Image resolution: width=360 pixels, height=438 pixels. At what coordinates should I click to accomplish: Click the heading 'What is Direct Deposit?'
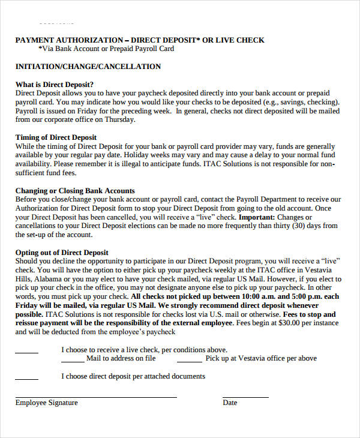(55, 84)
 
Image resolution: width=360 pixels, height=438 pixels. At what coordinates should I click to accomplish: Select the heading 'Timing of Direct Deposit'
(55, 137)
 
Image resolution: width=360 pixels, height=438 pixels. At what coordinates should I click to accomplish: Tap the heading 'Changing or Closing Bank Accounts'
(75, 191)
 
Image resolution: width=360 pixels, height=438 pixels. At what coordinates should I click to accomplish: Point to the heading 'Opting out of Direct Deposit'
(62, 253)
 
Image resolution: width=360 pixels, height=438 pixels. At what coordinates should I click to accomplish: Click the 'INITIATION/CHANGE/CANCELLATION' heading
(88, 67)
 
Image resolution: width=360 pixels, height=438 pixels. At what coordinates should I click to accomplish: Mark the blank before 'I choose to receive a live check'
(26, 352)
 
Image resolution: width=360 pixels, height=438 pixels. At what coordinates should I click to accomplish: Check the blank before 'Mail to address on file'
(73, 361)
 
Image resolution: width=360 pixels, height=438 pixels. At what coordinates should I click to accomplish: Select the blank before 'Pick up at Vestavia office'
(189, 361)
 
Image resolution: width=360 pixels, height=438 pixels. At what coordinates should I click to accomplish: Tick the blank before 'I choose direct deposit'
(26, 379)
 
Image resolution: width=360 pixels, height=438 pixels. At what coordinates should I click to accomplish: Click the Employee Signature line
(96, 397)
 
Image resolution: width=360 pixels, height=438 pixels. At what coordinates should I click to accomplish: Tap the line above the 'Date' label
(246, 397)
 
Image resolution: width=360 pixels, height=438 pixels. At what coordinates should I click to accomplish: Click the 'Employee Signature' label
(47, 403)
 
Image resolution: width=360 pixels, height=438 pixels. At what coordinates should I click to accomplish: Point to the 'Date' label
(230, 403)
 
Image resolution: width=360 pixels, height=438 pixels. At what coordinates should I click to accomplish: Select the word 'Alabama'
(50, 279)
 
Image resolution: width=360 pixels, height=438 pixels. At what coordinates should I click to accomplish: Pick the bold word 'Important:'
(257, 217)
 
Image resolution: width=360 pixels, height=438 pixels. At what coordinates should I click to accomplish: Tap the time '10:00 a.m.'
(260, 296)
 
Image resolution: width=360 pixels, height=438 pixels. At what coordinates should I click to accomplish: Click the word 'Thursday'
(119, 119)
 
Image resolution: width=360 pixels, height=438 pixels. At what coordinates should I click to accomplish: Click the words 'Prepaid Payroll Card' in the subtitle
(136, 49)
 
